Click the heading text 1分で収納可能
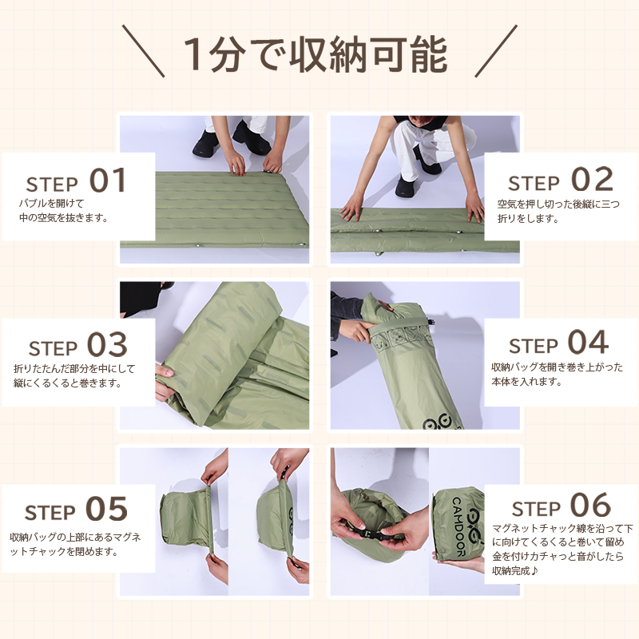(x=316, y=54)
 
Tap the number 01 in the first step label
(x=108, y=181)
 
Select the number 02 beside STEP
(x=592, y=179)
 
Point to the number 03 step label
(x=107, y=344)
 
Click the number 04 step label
(x=588, y=342)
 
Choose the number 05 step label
(x=106, y=509)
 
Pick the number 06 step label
(x=590, y=506)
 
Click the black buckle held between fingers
(x=370, y=534)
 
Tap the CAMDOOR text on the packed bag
(x=458, y=526)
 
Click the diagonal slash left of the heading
(x=144, y=51)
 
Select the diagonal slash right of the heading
(x=496, y=51)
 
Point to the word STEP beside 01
(x=52, y=185)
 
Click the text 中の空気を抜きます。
(x=64, y=218)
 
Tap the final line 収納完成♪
(x=515, y=570)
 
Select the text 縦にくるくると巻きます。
(x=68, y=383)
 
